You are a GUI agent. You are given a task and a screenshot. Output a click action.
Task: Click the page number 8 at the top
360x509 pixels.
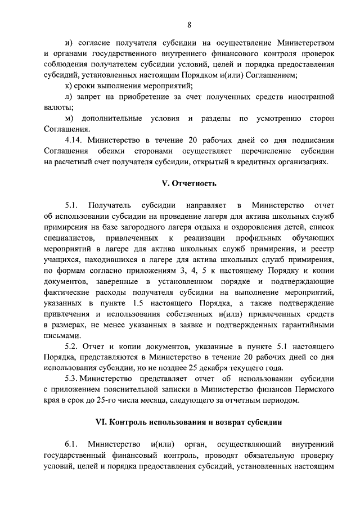click(x=189, y=24)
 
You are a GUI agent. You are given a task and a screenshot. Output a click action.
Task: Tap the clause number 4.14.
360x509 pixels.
click(x=75, y=141)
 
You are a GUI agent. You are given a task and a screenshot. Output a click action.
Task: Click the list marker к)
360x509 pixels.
click(x=69, y=87)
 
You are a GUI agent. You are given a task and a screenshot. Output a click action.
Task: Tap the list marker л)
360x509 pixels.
click(x=69, y=97)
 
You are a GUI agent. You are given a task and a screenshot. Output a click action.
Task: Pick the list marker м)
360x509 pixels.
click(x=70, y=119)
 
